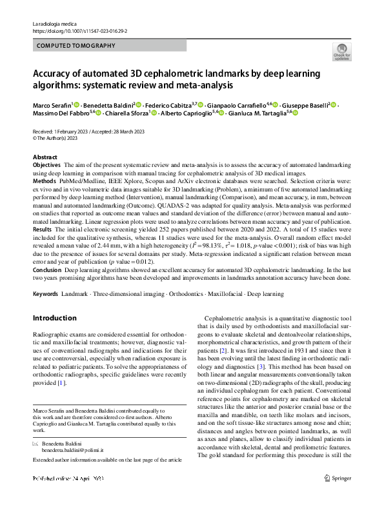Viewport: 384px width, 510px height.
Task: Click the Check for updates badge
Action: (341, 52)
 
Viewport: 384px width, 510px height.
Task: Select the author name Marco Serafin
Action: (52, 104)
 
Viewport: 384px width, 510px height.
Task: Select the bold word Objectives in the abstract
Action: (46, 166)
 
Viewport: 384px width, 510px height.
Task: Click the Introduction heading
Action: (54, 319)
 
